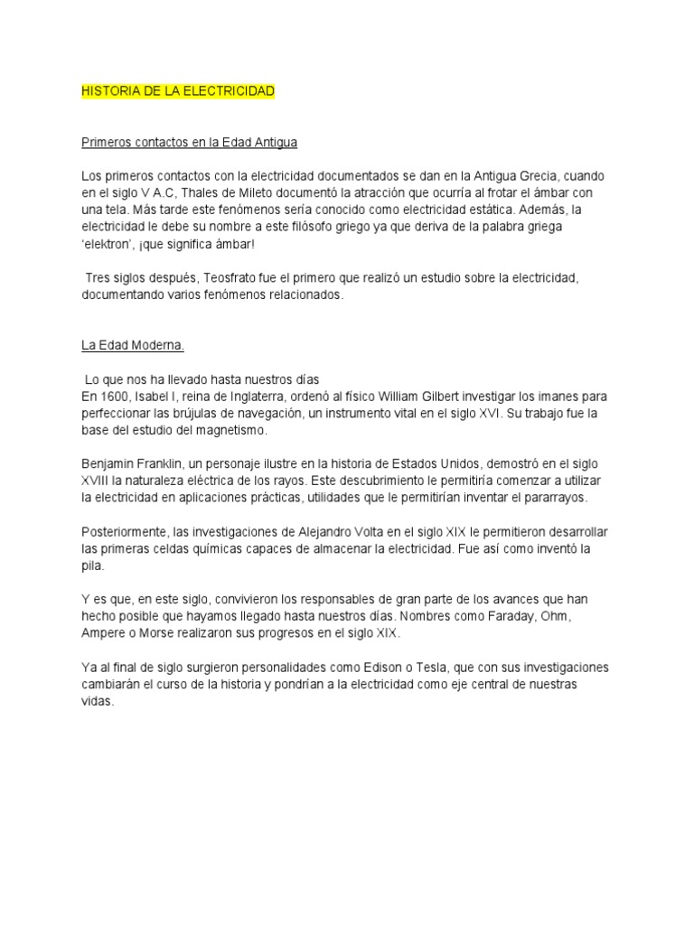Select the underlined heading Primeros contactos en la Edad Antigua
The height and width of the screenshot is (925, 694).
coord(190,143)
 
